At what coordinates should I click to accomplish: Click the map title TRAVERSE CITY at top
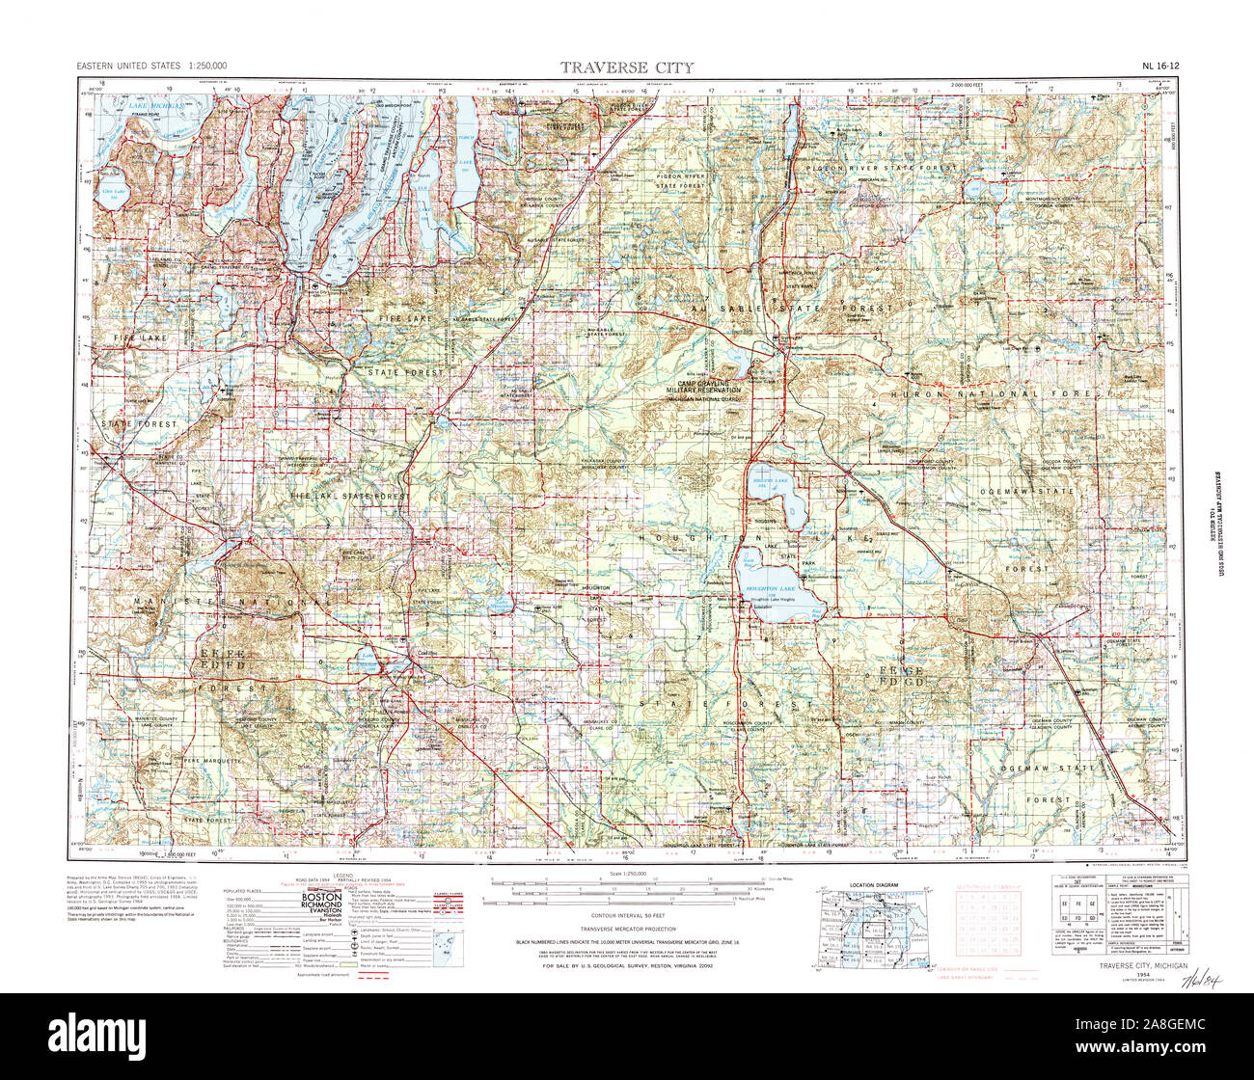tap(627, 67)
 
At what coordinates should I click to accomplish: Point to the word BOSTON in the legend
tap(321, 896)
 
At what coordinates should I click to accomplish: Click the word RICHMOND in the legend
tap(321, 904)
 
